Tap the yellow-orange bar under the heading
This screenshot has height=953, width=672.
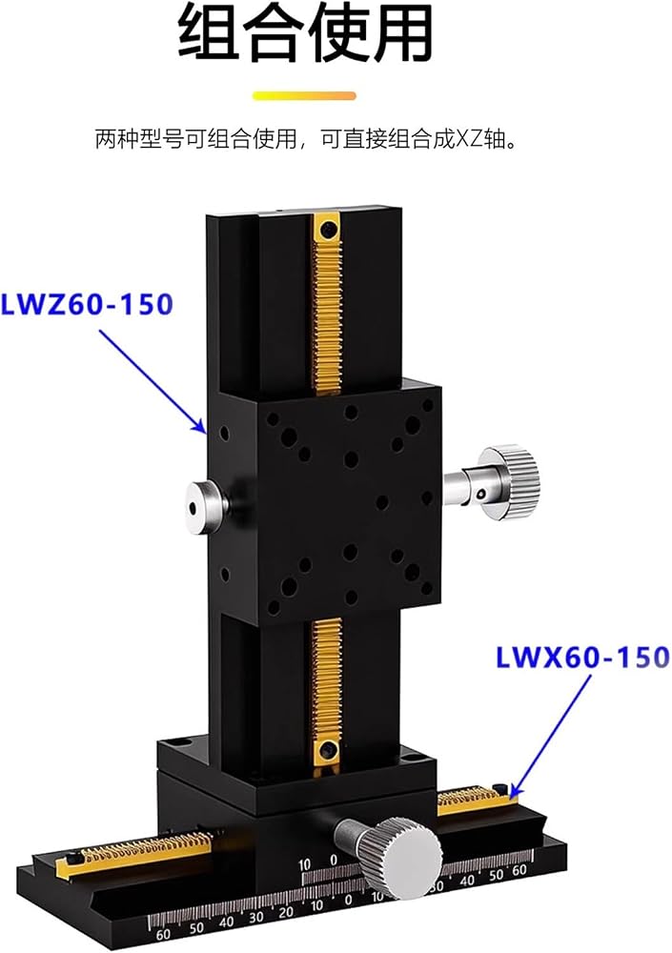pos(304,96)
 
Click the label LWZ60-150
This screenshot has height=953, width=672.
pos(87,304)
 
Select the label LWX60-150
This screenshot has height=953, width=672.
pos(582,658)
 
